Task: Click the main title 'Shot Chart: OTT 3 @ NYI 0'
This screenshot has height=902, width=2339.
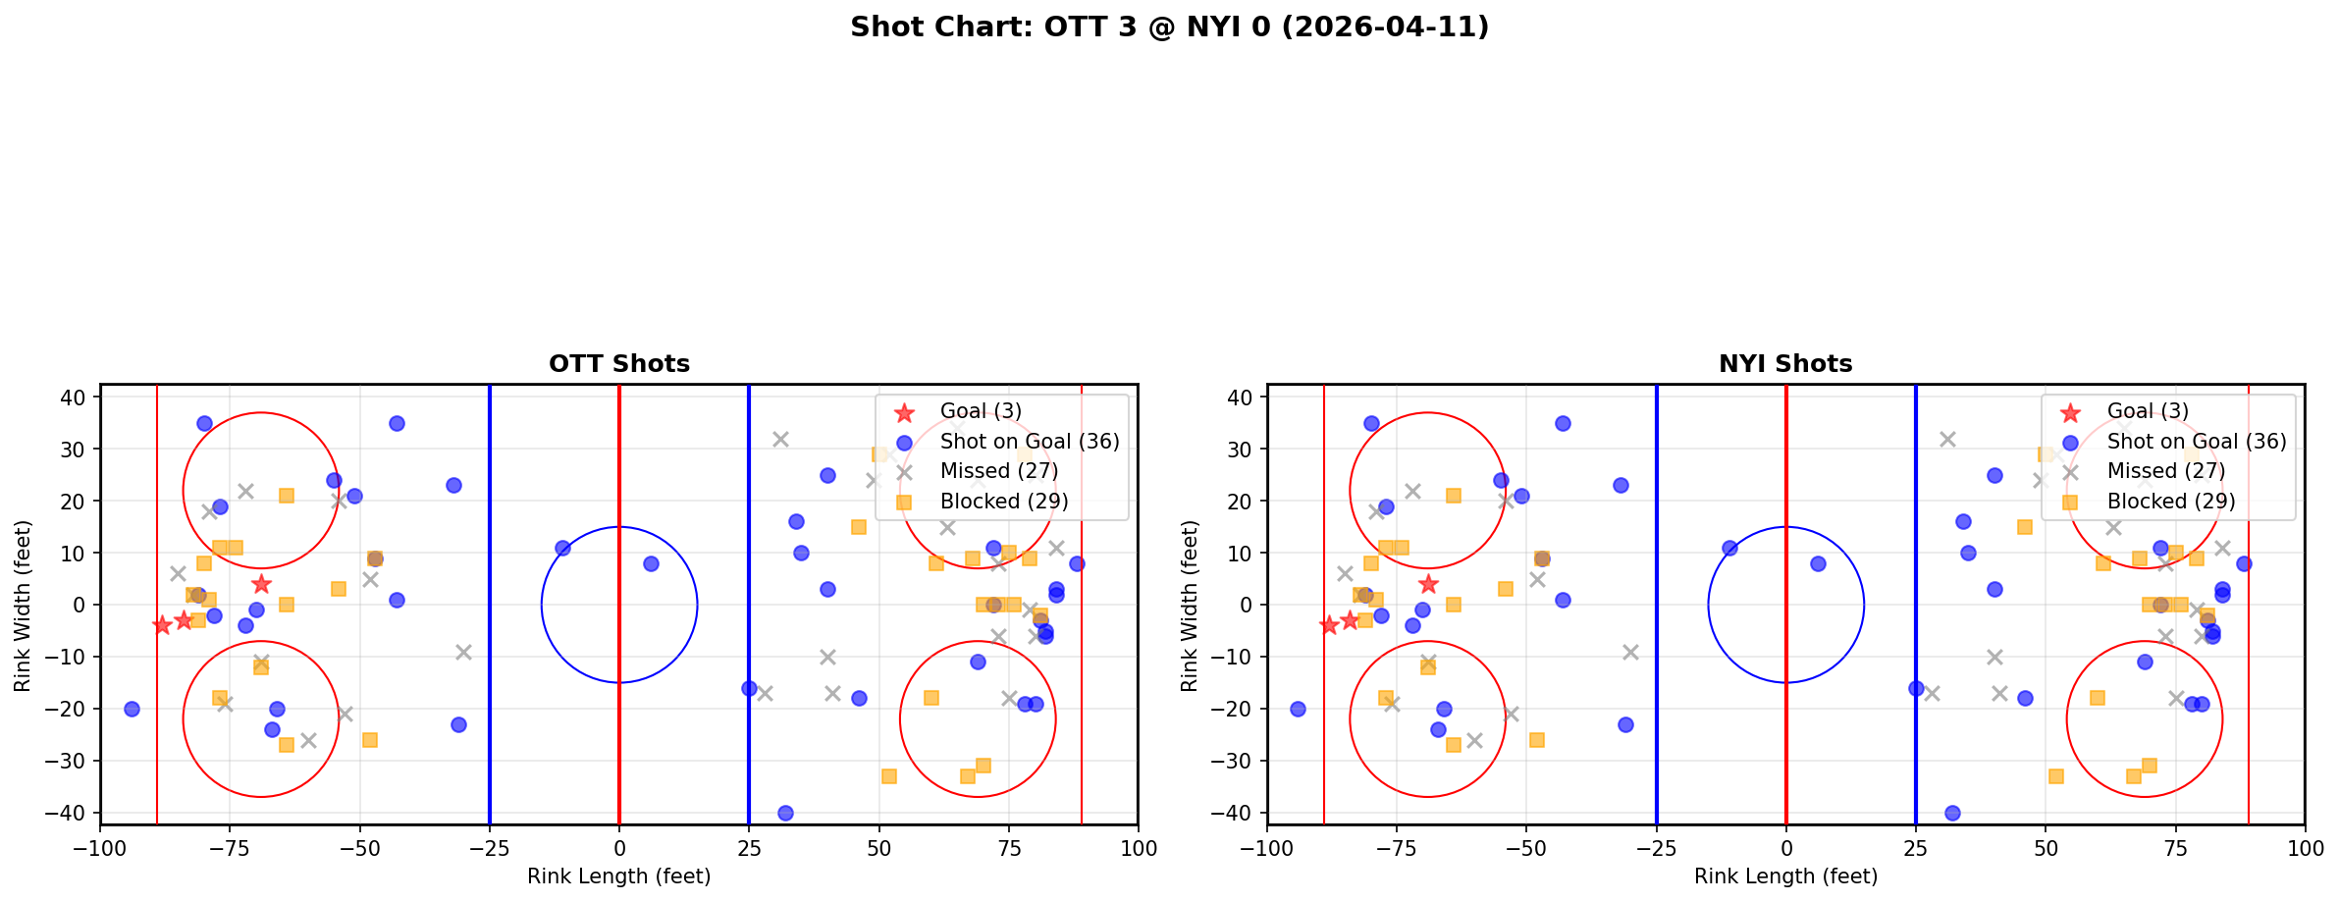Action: pos(1169,27)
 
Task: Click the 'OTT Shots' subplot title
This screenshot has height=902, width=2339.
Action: pos(619,364)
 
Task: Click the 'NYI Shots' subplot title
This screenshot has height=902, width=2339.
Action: pos(1785,364)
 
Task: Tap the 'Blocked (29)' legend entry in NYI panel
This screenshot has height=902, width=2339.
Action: pos(2171,502)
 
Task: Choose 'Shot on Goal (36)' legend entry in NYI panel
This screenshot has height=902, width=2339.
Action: pos(2197,442)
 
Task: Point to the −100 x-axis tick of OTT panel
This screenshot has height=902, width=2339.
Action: pos(100,848)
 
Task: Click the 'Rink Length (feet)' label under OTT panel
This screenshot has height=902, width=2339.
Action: pos(619,876)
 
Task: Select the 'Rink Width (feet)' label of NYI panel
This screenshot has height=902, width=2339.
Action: pos(1190,605)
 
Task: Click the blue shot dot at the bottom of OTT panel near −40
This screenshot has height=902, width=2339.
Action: pos(785,813)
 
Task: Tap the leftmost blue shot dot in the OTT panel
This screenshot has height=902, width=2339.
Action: pos(132,709)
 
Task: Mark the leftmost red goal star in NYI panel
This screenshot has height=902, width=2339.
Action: pos(1329,625)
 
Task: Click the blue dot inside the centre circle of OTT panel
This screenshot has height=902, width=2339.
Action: pos(651,563)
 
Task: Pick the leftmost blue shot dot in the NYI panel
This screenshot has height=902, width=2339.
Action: pos(1298,709)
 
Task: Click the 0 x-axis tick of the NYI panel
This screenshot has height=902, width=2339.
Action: pos(1785,848)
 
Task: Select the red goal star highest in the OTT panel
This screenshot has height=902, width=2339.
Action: pos(261,584)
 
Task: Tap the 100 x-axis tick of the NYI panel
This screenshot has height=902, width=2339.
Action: pos(2305,848)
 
